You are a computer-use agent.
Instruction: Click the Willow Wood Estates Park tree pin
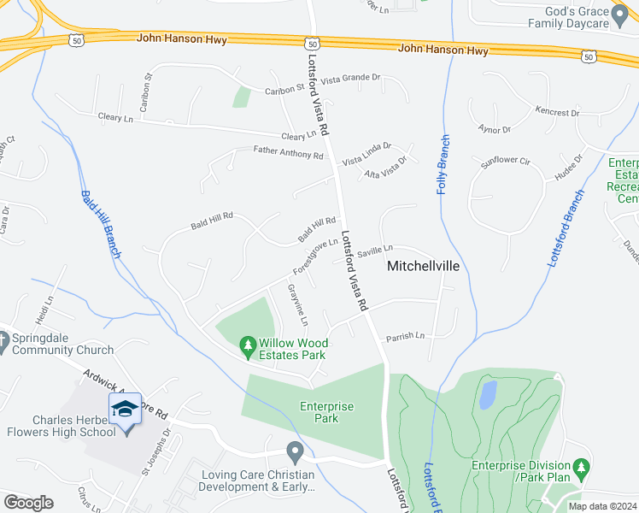pyautogui.click(x=248, y=344)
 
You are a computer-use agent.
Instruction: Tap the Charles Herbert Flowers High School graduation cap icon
pyautogui.click(x=125, y=409)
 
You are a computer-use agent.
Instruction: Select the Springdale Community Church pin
pyautogui.click(x=3, y=337)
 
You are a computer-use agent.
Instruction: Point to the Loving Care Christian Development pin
pyautogui.click(x=295, y=451)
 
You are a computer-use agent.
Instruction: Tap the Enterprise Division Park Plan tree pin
pyautogui.click(x=582, y=467)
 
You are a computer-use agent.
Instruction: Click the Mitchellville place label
pyautogui.click(x=424, y=266)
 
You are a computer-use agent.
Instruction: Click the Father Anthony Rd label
pyautogui.click(x=289, y=155)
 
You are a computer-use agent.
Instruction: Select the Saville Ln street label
pyautogui.click(x=375, y=251)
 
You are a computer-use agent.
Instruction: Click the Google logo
pyautogui.click(x=28, y=503)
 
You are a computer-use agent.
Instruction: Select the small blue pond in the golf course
pyautogui.click(x=488, y=393)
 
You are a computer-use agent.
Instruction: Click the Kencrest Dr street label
pyautogui.click(x=558, y=110)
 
